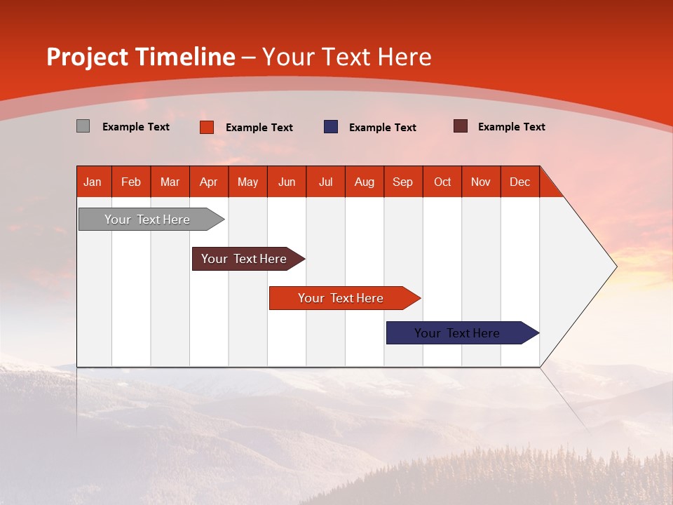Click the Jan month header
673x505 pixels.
tap(93, 182)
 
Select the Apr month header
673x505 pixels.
tap(208, 182)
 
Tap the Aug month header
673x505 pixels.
tap(364, 182)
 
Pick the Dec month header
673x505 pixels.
tap(519, 182)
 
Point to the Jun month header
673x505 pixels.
tap(286, 182)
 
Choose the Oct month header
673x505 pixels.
tap(442, 182)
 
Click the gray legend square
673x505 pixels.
tap(83, 126)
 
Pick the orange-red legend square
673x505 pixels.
tap(206, 127)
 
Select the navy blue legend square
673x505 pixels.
tap(330, 127)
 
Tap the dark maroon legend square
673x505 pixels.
tap(460, 126)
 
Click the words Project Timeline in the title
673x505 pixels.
tap(140, 57)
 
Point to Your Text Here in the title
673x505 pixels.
tap(346, 57)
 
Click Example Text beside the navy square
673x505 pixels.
tap(382, 128)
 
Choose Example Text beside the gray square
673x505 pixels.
tap(135, 127)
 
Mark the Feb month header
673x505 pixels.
tap(131, 182)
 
